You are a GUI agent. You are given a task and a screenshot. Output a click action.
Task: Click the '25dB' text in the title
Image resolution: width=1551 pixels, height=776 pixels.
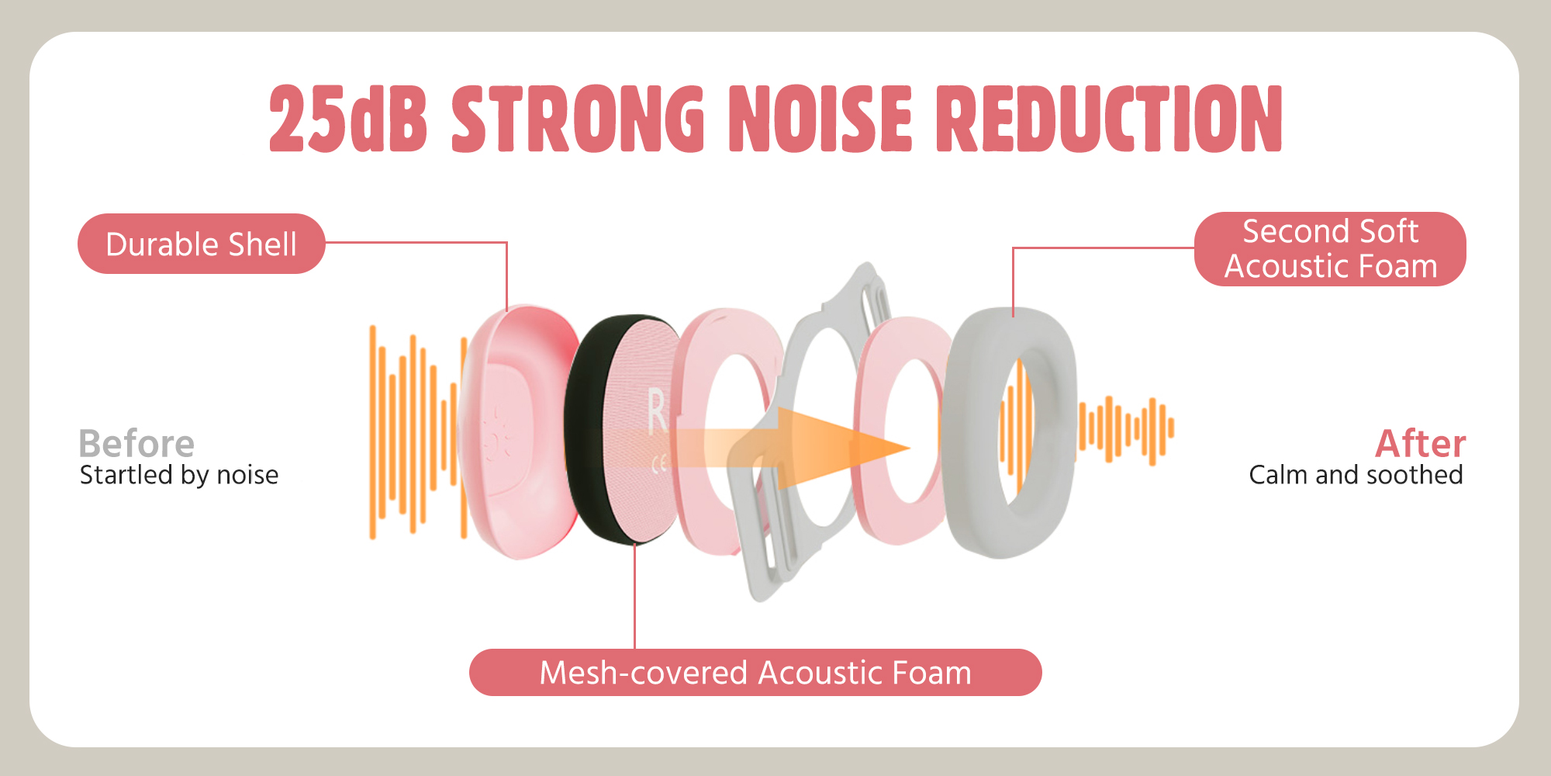click(x=348, y=118)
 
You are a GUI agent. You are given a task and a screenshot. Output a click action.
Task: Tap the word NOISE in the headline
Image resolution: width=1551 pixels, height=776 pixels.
click(x=821, y=118)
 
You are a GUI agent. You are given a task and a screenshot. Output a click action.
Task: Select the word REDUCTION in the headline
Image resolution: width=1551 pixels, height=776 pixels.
click(x=1109, y=118)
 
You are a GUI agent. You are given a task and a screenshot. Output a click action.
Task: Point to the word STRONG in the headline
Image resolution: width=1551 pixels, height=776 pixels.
click(x=578, y=118)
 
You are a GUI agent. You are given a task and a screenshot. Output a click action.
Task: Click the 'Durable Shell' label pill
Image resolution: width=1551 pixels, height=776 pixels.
click(x=202, y=244)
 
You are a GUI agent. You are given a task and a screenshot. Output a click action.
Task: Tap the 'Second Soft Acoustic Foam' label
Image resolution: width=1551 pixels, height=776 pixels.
click(x=1330, y=249)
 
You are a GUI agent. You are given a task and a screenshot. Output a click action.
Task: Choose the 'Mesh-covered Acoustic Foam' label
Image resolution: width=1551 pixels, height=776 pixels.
click(x=755, y=673)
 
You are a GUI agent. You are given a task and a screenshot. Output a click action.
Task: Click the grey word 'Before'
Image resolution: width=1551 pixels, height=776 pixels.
click(x=136, y=444)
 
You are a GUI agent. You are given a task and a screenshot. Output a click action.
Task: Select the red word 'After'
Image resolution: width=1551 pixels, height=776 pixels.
click(x=1420, y=444)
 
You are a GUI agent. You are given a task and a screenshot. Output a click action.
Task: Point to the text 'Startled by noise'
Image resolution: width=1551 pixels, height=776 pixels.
click(x=179, y=475)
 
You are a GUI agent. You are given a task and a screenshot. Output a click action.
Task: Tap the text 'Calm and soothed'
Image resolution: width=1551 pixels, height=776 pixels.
click(x=1356, y=475)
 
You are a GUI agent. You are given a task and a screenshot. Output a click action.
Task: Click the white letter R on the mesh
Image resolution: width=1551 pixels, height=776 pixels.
click(x=657, y=411)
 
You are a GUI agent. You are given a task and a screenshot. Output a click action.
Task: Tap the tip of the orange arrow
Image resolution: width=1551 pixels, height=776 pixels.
click(x=909, y=448)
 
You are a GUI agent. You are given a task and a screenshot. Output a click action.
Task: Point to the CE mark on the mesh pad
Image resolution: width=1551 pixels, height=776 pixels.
click(x=659, y=464)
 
